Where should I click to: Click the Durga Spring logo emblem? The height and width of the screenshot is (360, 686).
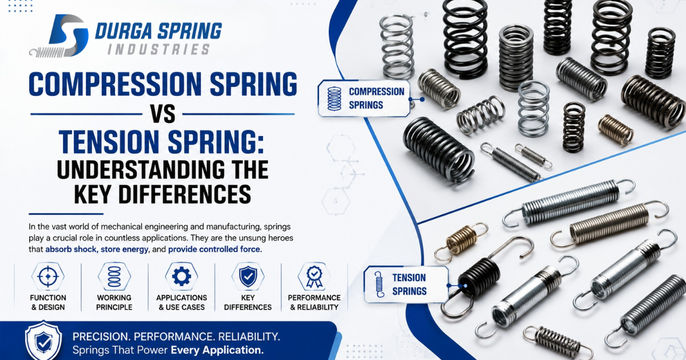[x=59, y=36]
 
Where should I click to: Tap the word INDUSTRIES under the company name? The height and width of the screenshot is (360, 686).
[x=159, y=50]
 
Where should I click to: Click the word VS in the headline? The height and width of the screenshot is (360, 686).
[x=162, y=114]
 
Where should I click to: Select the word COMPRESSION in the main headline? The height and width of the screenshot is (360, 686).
[x=115, y=84]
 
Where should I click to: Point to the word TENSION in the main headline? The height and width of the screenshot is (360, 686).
[x=109, y=142]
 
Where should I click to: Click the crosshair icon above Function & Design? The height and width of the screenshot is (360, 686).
[x=48, y=277]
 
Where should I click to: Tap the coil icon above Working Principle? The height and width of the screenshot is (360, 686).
[x=114, y=277]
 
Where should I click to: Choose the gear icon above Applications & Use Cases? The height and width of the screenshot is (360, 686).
[x=182, y=277]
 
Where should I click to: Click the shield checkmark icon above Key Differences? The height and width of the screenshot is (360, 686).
[x=248, y=277]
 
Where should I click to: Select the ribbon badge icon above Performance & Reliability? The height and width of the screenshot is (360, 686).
[x=314, y=277]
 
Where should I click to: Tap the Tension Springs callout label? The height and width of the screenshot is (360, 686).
[x=406, y=285]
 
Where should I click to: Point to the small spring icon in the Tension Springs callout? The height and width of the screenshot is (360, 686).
[x=380, y=285]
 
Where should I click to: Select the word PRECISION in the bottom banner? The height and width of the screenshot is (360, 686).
[x=100, y=337]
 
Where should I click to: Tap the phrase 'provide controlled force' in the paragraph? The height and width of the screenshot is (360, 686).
[x=214, y=249]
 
